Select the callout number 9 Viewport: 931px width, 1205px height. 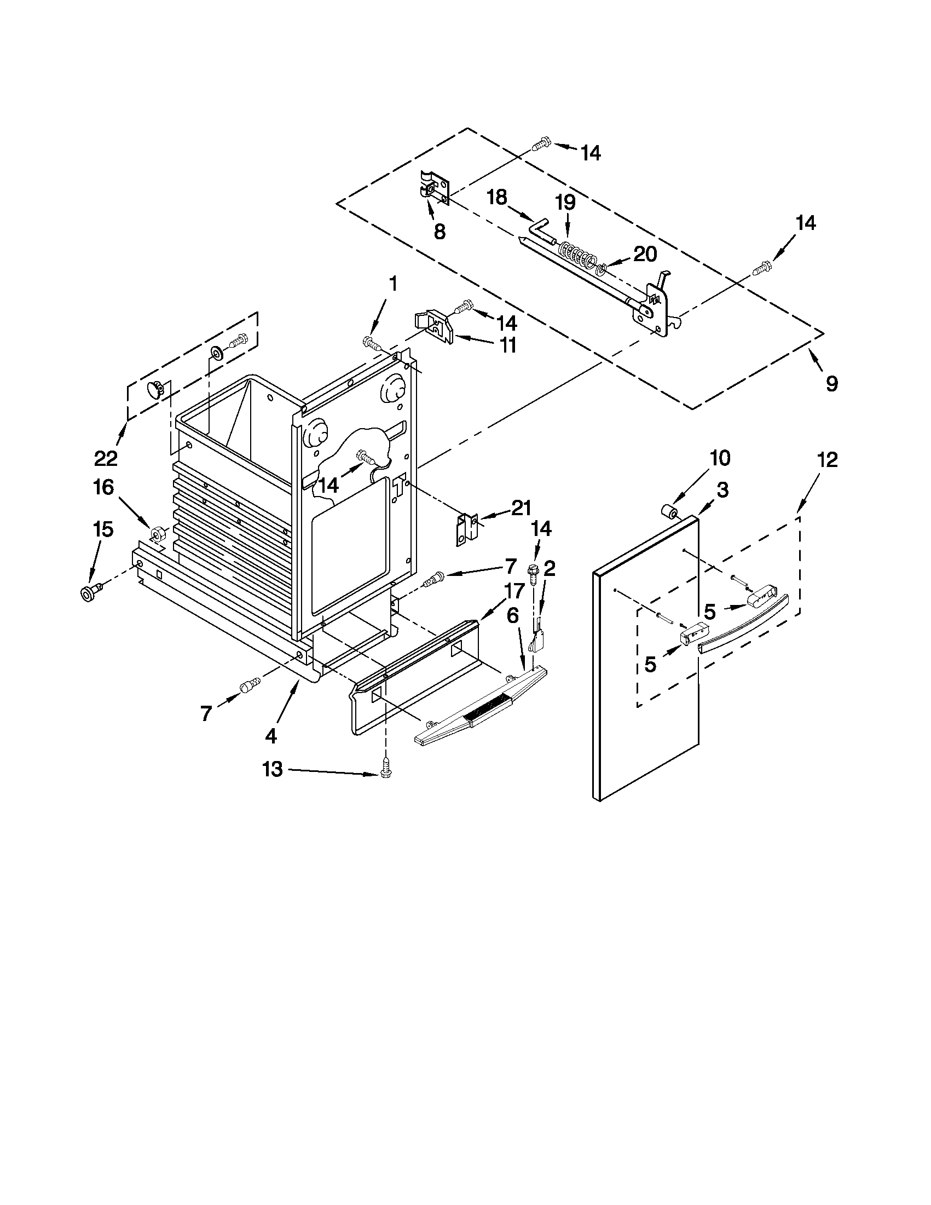(832, 383)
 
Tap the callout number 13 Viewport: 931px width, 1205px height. (273, 769)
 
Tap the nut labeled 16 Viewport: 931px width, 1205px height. (156, 534)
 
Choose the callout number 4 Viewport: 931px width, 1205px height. (270, 735)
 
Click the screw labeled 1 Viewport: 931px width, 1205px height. (372, 343)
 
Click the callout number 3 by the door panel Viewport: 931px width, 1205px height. (722, 489)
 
